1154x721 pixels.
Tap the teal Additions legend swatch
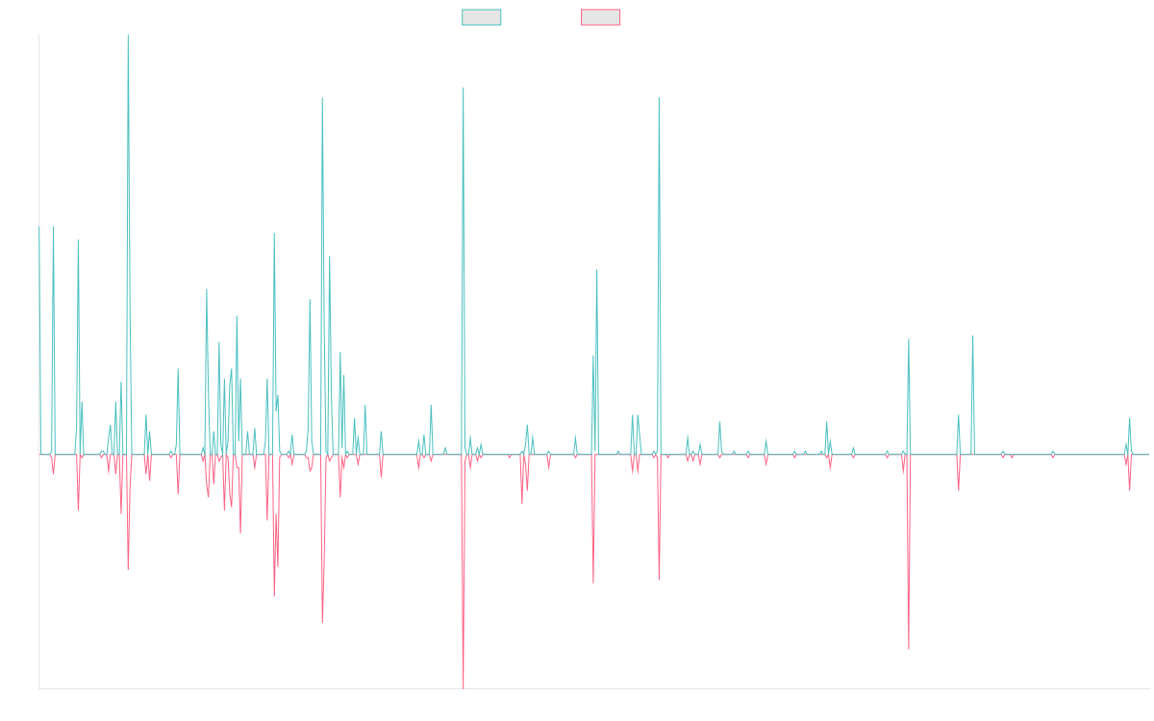point(482,17)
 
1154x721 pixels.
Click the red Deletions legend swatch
point(601,17)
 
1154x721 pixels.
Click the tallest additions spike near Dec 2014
point(128,37)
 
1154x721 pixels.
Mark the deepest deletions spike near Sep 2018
point(464,687)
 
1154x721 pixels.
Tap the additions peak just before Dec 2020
point(659,98)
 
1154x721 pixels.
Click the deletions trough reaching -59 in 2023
point(909,649)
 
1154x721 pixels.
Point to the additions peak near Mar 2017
point(322,98)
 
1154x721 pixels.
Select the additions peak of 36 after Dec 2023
point(973,336)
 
